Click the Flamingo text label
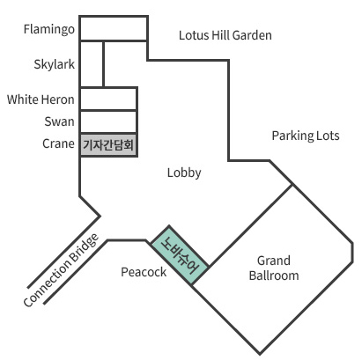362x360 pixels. pyautogui.click(x=49, y=30)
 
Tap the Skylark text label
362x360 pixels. pyautogui.click(x=55, y=64)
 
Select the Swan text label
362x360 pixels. pyautogui.click(x=59, y=121)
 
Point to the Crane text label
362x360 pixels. pyautogui.click(x=58, y=143)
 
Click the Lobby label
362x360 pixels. pyautogui.click(x=184, y=173)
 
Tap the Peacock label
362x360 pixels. pyautogui.click(x=144, y=272)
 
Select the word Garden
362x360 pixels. pyautogui.click(x=252, y=35)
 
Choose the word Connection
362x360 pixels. pyautogui.click(x=47, y=283)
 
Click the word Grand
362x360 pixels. pyautogui.click(x=274, y=261)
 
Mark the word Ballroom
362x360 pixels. pyautogui.click(x=274, y=276)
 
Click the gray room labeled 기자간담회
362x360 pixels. pyautogui.click(x=108, y=145)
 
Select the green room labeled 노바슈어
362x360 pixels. pyautogui.click(x=180, y=255)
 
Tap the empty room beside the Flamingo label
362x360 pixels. pyautogui.click(x=114, y=28)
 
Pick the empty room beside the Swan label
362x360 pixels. pyautogui.click(x=108, y=121)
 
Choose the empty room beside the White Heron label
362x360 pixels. pyautogui.click(x=108, y=99)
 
